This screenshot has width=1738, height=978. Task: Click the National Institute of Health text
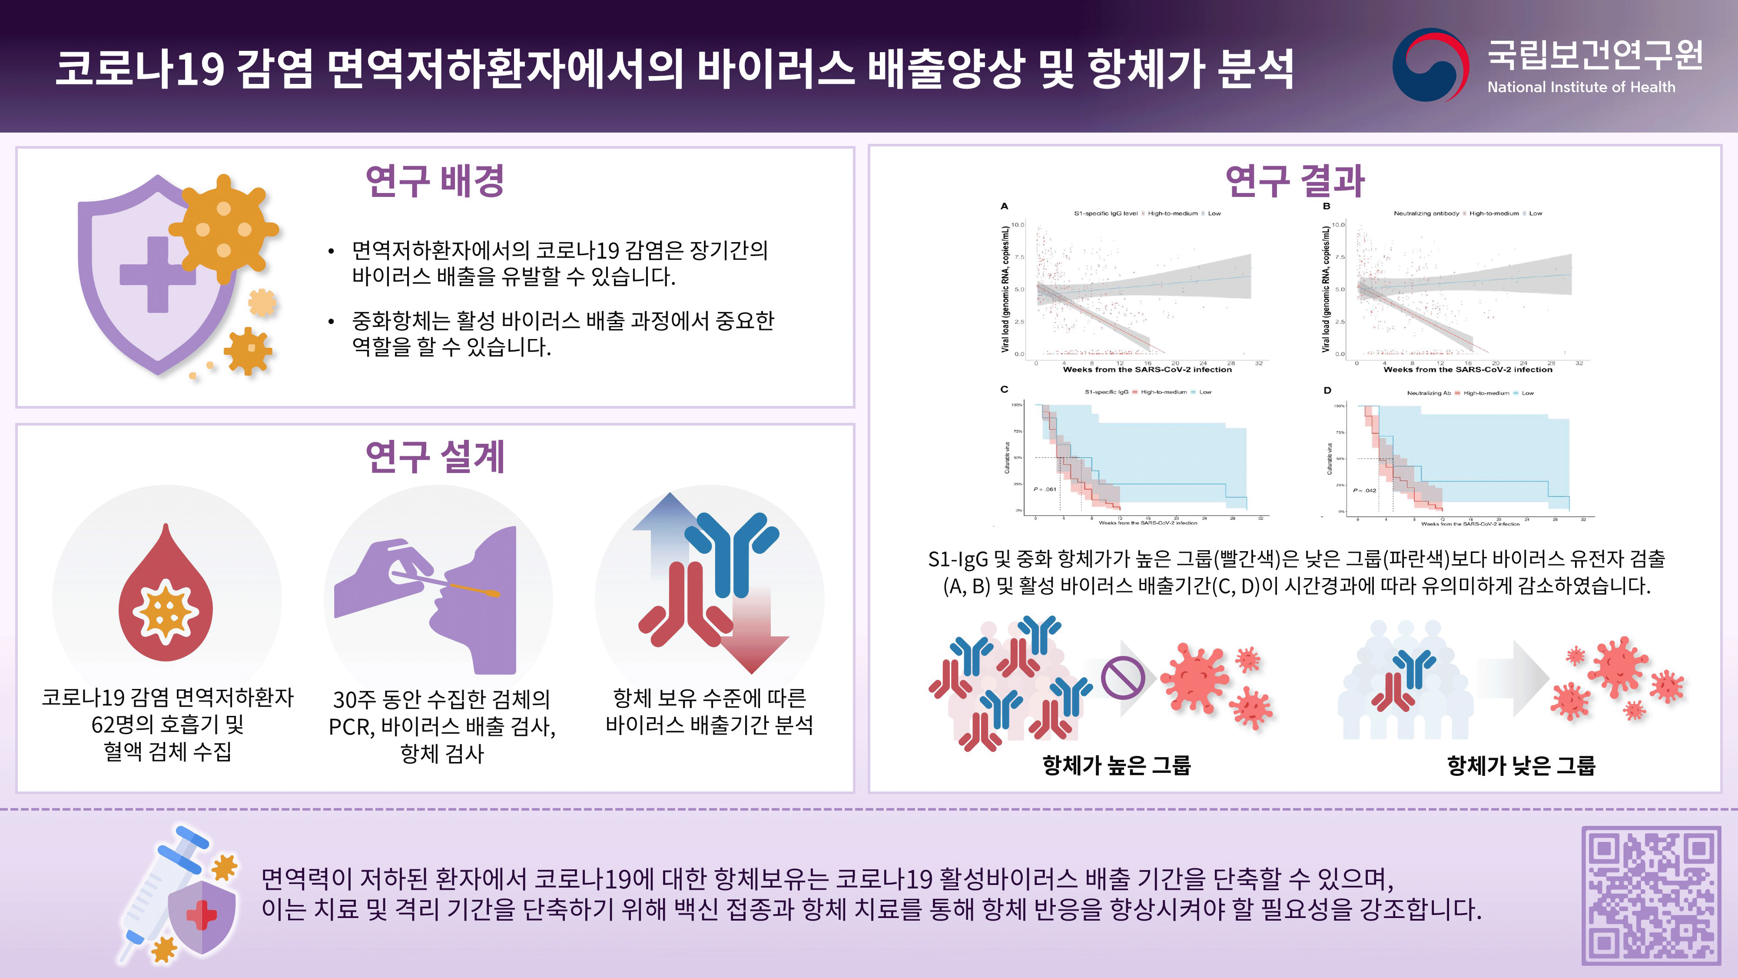coord(1581,87)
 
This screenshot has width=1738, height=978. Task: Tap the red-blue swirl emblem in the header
coord(1430,65)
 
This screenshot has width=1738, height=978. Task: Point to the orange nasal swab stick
coord(472,589)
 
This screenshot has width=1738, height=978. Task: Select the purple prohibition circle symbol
coord(1123,678)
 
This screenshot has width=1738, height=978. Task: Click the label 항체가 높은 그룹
coord(1117,765)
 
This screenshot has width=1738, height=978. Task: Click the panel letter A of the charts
coord(1004,206)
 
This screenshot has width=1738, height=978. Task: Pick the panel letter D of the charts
coord(1327,390)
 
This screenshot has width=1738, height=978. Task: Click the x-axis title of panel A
coord(1147,370)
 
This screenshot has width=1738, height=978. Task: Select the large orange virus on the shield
coord(224,228)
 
